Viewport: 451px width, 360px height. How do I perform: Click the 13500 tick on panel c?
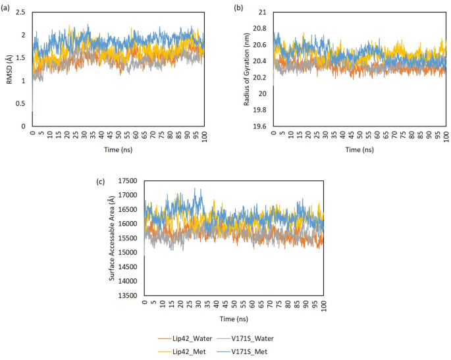pos(132,295)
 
